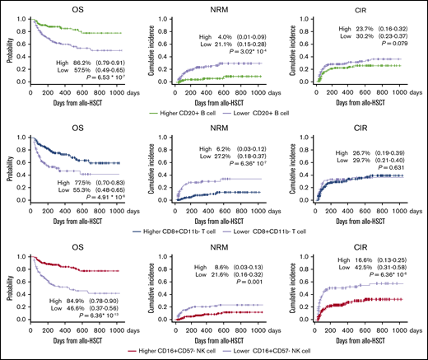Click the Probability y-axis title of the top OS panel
pyautogui.click(x=7, y=49)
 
